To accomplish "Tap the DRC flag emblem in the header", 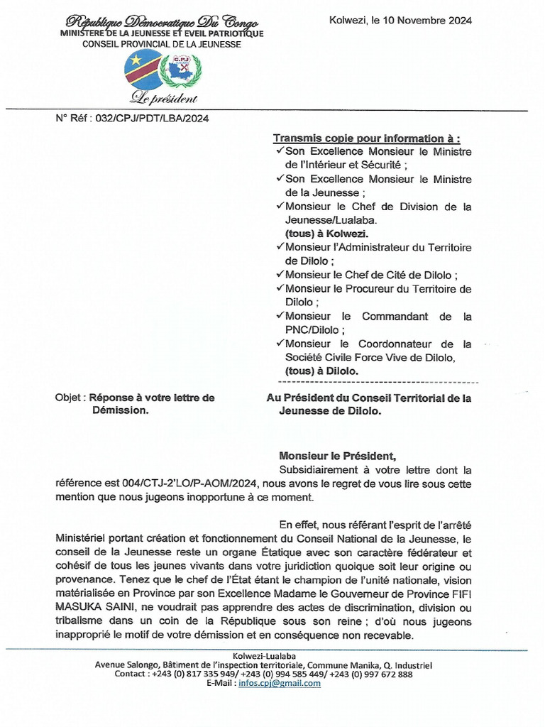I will pos(143,69).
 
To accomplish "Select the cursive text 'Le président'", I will pos(163,99).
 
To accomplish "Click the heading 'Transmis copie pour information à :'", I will pos(366,138).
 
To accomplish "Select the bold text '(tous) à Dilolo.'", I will pos(321,371).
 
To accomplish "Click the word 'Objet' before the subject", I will pos(69,398).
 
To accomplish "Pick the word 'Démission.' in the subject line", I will pos(120,410).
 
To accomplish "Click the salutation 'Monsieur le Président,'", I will pos(337,456).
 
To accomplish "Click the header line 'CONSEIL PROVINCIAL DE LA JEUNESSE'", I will pos(162,44).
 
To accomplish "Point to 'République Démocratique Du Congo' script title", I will pos(163,23).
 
